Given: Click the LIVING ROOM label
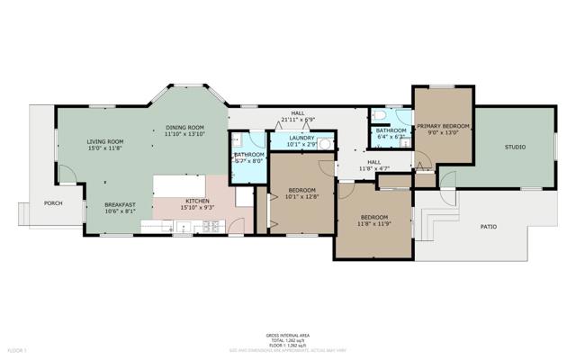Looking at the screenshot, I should pyautogui.click(x=104, y=141).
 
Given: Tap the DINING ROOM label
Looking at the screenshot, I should pyautogui.click(x=184, y=127).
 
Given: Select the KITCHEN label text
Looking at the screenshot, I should pyautogui.click(x=197, y=200).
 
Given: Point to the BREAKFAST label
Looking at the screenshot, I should pyautogui.click(x=120, y=204).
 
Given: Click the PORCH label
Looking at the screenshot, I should pyautogui.click(x=53, y=204).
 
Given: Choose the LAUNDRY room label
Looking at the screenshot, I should pyautogui.click(x=301, y=138).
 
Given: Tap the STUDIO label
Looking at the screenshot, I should pyautogui.click(x=514, y=146).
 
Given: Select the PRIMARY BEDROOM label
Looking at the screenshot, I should pyautogui.click(x=443, y=126).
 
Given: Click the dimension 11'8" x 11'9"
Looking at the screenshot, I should pyautogui.click(x=373, y=225).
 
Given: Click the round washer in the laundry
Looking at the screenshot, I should pyautogui.click(x=325, y=143).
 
